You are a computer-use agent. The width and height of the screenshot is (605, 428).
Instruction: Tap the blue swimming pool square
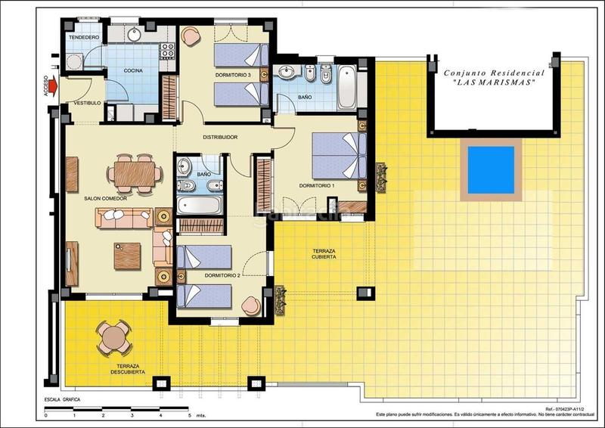492,169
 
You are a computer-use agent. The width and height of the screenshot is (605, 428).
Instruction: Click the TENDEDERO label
84,36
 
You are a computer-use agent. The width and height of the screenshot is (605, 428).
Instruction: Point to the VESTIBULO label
86,103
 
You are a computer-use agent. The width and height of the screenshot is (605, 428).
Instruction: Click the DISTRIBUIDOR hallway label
221,137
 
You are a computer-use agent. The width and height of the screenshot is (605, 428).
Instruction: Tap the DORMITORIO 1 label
316,185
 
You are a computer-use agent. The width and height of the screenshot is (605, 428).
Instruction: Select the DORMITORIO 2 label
222,276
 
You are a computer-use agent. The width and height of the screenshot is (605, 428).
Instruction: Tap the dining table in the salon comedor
135,172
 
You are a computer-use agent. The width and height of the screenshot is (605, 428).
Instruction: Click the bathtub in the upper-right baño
347,87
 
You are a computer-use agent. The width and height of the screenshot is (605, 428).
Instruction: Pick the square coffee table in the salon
127,256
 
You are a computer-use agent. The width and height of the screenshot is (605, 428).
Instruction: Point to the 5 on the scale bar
189,415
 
